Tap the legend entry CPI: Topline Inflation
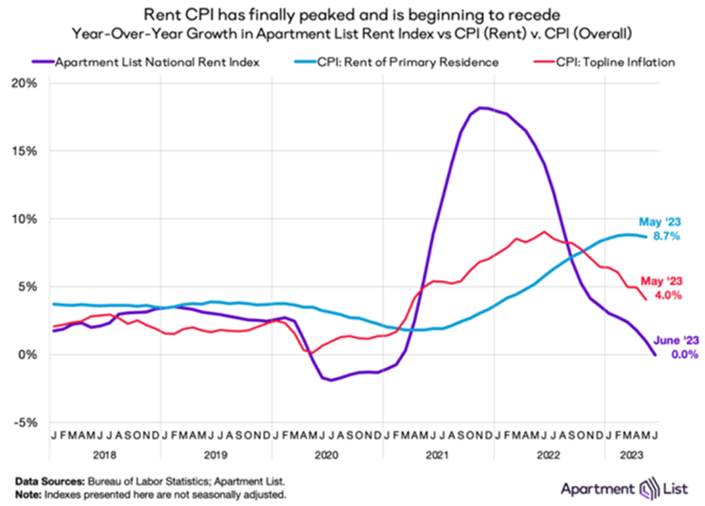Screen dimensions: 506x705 [605, 62]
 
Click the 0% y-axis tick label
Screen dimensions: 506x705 [31, 355]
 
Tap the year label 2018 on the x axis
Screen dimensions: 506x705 [105, 455]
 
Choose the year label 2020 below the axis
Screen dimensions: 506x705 [328, 455]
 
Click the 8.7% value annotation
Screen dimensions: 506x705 [667, 236]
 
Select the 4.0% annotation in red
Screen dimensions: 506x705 [668, 295]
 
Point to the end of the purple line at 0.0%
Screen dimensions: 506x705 [655, 355]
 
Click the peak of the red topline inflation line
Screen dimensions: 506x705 [545, 231]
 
